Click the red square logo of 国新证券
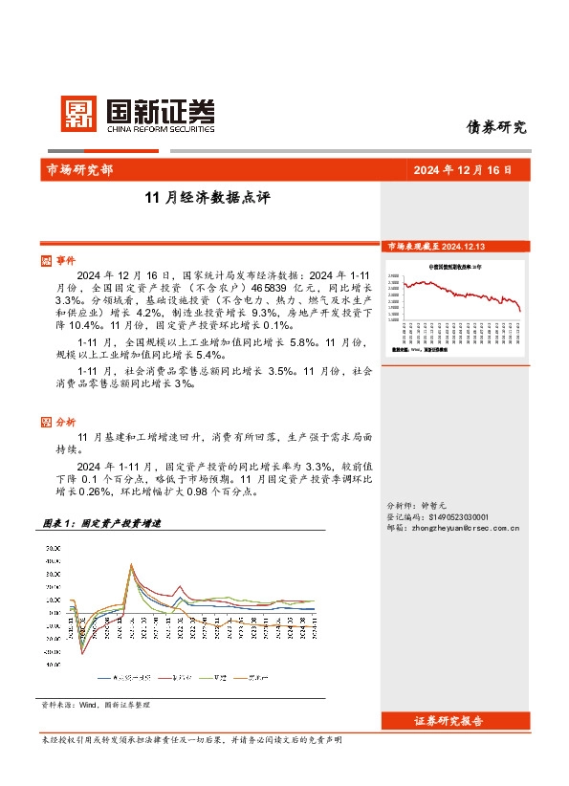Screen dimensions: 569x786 pyautogui.click(x=77, y=114)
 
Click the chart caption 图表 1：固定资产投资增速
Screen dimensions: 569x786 pyautogui.click(x=102, y=524)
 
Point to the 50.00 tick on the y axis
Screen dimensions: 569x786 pyautogui.click(x=53, y=548)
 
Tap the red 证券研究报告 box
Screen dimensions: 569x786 pyautogui.click(x=449, y=721)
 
